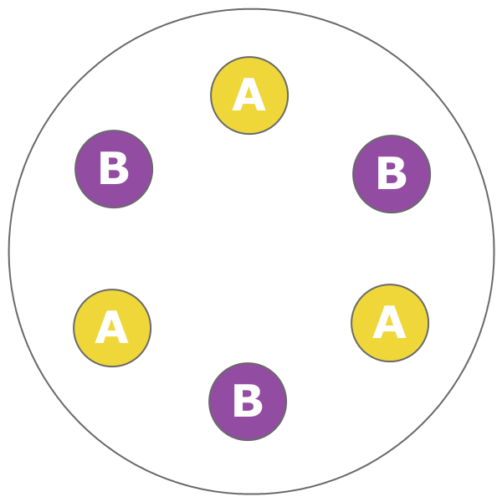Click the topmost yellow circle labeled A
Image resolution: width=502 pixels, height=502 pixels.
pos(249,95)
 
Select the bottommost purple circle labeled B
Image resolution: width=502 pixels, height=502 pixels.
pos(248,402)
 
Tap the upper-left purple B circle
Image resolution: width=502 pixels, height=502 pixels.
pos(114,169)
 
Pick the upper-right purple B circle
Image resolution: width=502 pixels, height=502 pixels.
pos(392,174)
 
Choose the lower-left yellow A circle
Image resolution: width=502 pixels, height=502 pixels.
pos(112,328)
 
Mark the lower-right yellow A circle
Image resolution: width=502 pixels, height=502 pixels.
pos(390,323)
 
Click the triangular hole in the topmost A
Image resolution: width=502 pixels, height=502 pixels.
pos(248,95)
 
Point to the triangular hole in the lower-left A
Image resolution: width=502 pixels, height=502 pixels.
pos(111,327)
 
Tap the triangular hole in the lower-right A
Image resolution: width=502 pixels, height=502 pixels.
pos(389,322)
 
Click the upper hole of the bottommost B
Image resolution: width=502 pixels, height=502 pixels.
pos(247,394)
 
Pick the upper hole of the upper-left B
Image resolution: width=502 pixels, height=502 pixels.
pos(113,161)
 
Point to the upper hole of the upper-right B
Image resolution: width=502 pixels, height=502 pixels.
pos(391,166)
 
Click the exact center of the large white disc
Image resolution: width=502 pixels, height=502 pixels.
pos(251,251)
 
